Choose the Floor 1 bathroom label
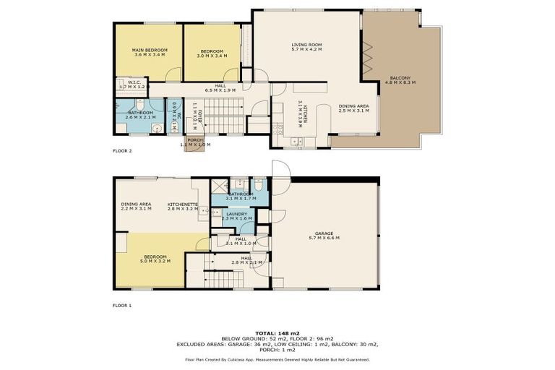[241, 195]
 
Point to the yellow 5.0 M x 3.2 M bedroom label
[155, 258]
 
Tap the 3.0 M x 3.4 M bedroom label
[212, 52]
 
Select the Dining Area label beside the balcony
[353, 108]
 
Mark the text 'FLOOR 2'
[122, 151]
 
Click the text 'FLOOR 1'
[122, 305]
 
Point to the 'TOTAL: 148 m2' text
[277, 332]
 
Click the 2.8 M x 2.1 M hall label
[246, 260]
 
